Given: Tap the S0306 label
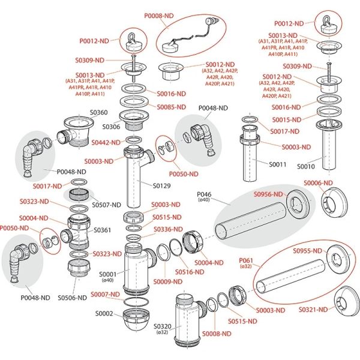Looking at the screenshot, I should pyautogui.click(x=111, y=127).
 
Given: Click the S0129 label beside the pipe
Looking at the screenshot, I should pyautogui.click(x=162, y=186).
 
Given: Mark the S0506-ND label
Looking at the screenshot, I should pyautogui.click(x=73, y=297).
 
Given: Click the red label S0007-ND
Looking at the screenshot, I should pyautogui.click(x=106, y=293).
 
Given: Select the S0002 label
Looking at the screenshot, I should pyautogui.click(x=104, y=313).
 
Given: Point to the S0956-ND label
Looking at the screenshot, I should pyautogui.click(x=268, y=194).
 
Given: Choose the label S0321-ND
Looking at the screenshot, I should pyautogui.click(x=315, y=309).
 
